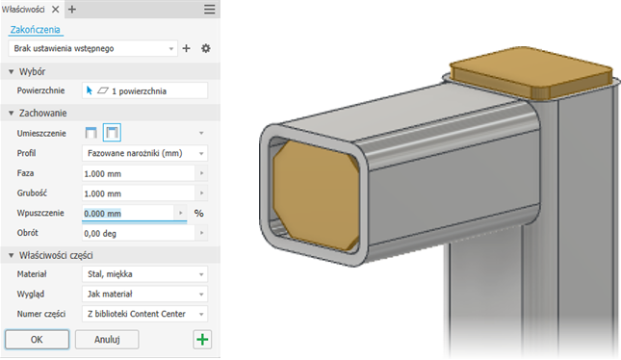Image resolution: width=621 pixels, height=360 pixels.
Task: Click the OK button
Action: [x=36, y=340]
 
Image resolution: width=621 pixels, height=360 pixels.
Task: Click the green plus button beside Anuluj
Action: [x=201, y=340]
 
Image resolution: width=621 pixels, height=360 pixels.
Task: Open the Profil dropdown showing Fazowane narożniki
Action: [x=144, y=153]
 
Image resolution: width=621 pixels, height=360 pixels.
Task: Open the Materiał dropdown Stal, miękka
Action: [x=144, y=274]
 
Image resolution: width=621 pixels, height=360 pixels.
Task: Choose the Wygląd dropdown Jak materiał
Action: [x=144, y=294]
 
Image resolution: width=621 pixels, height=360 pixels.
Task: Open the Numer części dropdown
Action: [x=144, y=314]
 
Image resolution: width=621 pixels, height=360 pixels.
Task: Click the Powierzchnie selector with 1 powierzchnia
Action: [x=144, y=90]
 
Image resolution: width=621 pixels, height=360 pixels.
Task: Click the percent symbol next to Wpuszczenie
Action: [x=199, y=214]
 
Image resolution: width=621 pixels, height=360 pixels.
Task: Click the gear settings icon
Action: [x=205, y=47]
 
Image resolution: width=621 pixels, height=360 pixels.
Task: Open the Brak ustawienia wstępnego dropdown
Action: [x=92, y=47]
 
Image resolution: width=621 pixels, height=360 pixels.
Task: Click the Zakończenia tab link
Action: [x=36, y=29]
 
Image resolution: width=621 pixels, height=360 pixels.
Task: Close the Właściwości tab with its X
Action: [x=54, y=9]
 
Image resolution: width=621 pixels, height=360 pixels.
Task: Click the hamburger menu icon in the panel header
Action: [x=210, y=9]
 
